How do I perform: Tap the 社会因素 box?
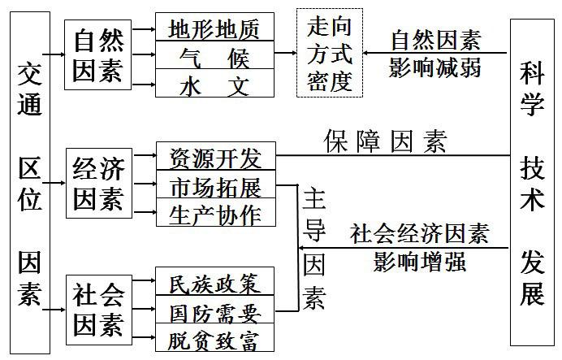[97, 310]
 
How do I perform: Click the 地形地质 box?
[214, 29]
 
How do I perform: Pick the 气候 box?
[214, 57]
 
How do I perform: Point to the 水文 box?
[214, 84]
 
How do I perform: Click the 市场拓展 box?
[214, 186]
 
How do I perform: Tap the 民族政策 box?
[214, 284]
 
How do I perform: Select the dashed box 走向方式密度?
[329, 54]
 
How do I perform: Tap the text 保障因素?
[385, 141]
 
